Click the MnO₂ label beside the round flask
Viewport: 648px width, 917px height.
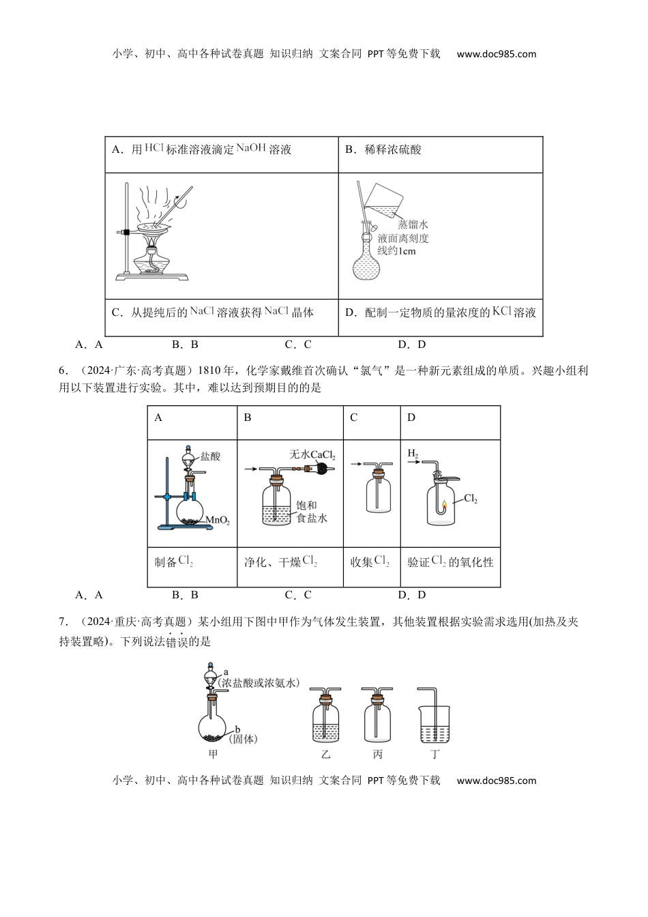point(217,521)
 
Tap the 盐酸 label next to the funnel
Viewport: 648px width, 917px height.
point(211,456)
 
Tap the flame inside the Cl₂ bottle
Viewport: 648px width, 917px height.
point(443,506)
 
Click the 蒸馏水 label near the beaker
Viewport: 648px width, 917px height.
point(413,224)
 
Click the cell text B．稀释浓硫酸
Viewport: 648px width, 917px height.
point(383,149)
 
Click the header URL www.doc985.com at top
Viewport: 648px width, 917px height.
point(496,54)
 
